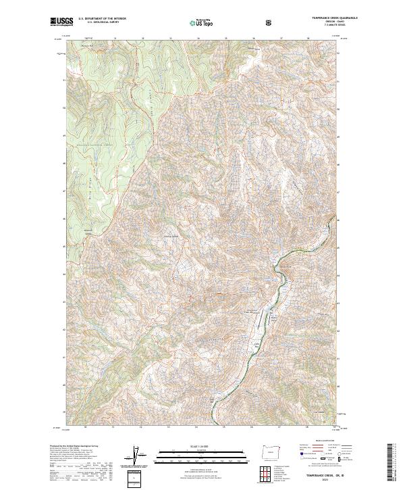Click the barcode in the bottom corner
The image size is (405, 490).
[389, 463]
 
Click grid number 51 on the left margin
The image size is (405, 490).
[64, 80]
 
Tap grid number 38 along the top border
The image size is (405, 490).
[308, 39]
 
